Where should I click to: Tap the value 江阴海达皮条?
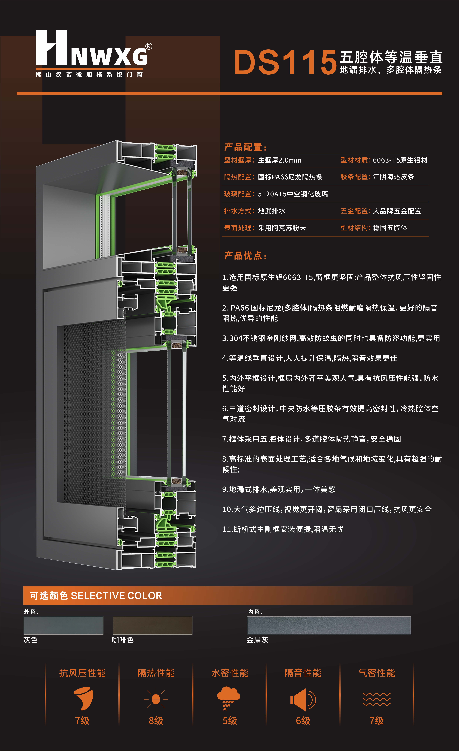click(x=393, y=177)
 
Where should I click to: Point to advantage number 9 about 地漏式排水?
click(x=279, y=489)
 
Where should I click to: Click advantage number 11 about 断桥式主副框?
click(x=283, y=529)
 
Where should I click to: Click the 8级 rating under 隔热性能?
click(x=156, y=721)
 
